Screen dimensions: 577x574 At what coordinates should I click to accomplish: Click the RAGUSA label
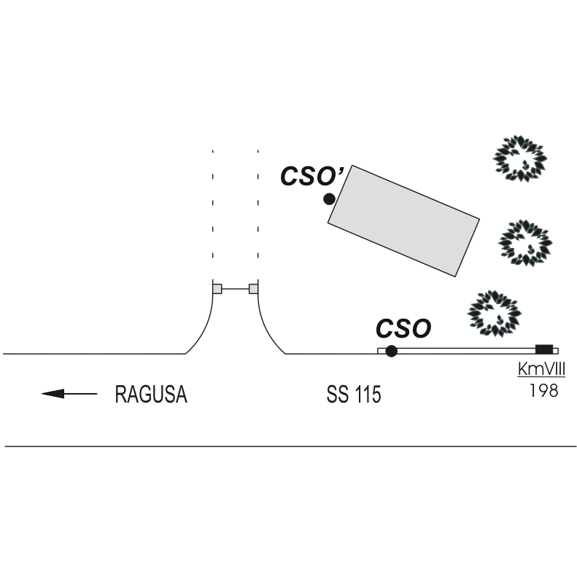coord(151,394)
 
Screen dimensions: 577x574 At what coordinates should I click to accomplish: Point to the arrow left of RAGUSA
coord(69,394)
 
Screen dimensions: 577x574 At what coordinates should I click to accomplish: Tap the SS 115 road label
coord(354,394)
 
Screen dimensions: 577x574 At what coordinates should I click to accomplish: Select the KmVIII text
coord(541,369)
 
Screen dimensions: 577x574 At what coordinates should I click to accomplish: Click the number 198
coord(543,390)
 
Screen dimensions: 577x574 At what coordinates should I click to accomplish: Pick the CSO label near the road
coord(403,328)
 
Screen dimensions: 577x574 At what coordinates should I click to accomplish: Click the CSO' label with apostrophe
coord(312,176)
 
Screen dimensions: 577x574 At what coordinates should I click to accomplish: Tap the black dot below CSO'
coord(329,199)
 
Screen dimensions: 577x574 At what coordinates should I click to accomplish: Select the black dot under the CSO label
coord(391,351)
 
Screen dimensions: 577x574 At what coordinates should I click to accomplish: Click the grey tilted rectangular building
coord(403,221)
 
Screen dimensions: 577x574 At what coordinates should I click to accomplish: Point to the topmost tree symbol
coord(520,158)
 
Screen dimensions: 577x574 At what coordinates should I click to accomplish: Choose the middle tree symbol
coord(525,243)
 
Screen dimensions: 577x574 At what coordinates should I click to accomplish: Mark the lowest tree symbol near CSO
coord(494,314)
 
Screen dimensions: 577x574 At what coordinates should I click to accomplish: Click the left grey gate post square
coord(217,289)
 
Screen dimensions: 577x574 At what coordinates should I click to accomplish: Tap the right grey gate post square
coord(254,289)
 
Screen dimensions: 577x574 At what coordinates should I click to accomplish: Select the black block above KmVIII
coord(544,349)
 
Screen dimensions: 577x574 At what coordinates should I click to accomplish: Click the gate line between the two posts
coord(236,289)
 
